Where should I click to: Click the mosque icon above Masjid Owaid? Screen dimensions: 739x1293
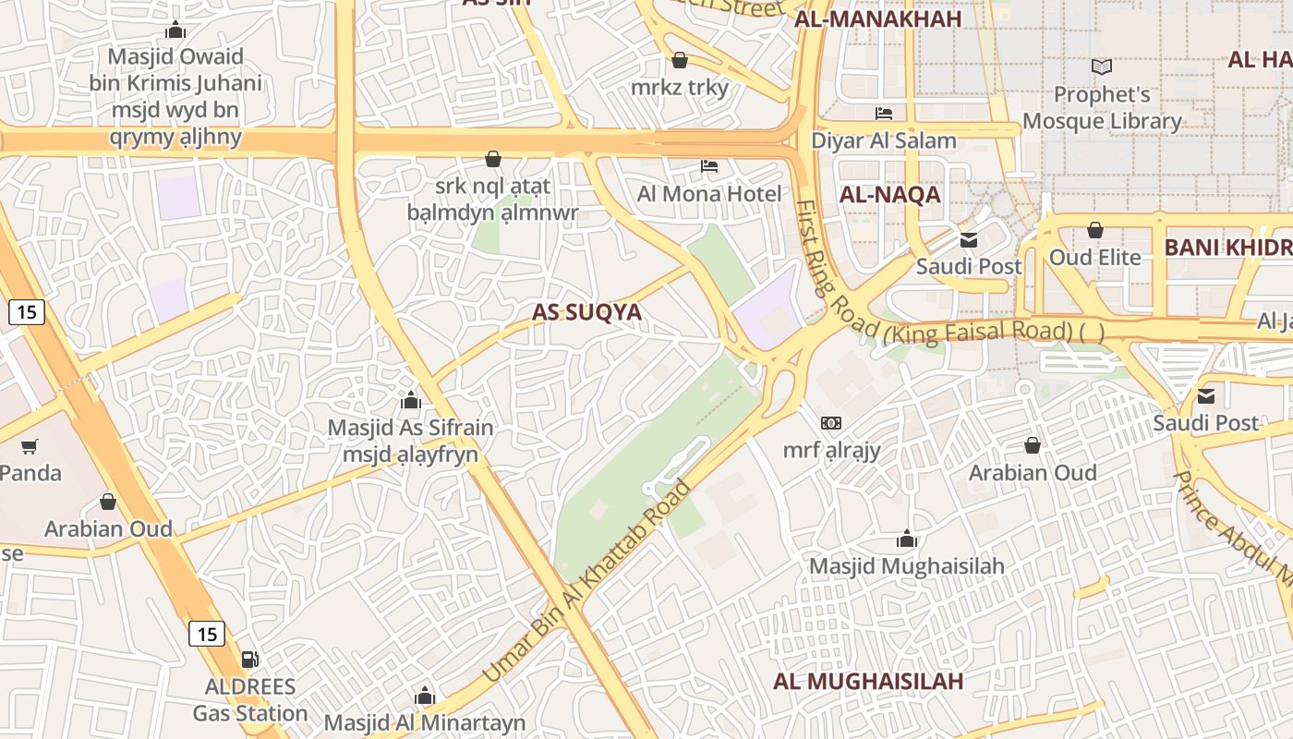[175, 30]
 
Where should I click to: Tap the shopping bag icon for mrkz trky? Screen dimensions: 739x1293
[680, 61]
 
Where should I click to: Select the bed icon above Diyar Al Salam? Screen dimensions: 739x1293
[884, 114]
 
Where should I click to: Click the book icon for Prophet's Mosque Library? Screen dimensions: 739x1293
[1102, 67]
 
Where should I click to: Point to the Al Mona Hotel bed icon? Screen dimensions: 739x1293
[709, 166]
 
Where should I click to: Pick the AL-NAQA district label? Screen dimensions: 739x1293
[889, 195]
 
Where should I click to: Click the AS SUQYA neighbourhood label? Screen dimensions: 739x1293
[586, 312]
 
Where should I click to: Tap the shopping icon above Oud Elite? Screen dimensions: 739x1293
[1095, 230]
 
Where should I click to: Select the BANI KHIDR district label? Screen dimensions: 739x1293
[1227, 248]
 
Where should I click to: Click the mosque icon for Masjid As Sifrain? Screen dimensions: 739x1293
[411, 401]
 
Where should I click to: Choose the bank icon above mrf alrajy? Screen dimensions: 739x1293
[831, 423]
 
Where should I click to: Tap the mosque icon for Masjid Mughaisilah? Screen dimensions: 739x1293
[907, 539]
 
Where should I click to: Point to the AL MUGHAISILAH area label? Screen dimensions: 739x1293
[868, 682]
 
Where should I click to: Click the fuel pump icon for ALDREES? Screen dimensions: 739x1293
[249, 660]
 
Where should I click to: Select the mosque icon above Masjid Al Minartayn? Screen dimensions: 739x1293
[425, 696]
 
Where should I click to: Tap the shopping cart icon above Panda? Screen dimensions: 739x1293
[30, 447]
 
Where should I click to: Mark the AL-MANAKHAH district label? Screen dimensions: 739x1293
[878, 19]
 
